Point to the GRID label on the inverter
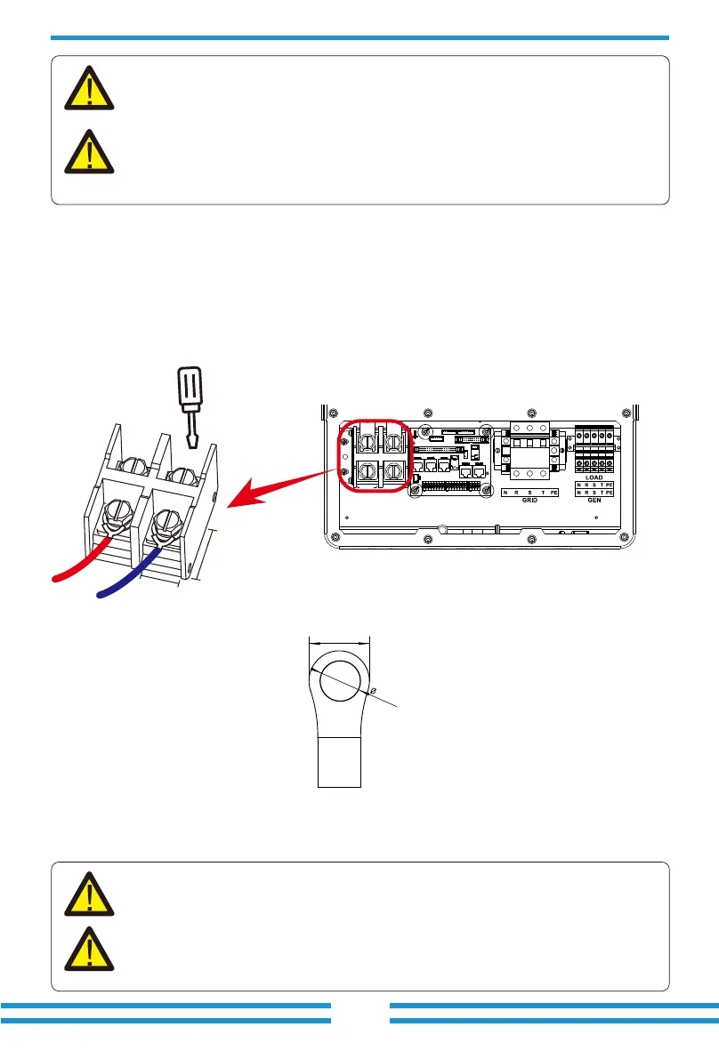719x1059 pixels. (531, 501)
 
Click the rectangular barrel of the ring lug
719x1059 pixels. (338, 760)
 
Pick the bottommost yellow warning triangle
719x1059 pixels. (88, 949)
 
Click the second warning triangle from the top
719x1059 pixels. (88, 150)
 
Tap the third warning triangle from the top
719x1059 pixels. (88, 895)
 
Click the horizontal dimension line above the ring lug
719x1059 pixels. (338, 638)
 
